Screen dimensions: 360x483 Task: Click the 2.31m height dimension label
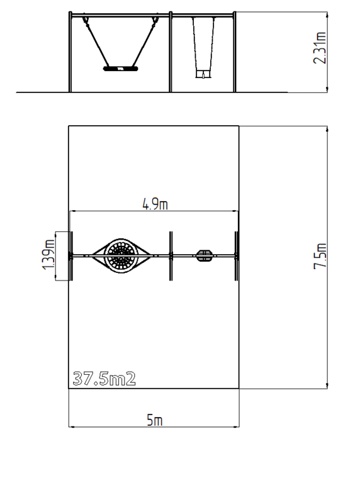pyautogui.click(x=320, y=48)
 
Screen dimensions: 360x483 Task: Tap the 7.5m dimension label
pyautogui.click(x=320, y=257)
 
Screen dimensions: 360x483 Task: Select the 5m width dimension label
pyautogui.click(x=155, y=420)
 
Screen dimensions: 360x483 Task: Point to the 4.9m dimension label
pyautogui.click(x=155, y=204)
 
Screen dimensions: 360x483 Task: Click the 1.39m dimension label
pyautogui.click(x=48, y=255)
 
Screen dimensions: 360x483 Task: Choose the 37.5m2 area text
pyautogui.click(x=104, y=379)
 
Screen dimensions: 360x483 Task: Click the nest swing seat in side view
pyautogui.click(x=120, y=69)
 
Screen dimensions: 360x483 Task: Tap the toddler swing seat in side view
pyautogui.click(x=203, y=74)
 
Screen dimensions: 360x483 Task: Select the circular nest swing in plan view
pyautogui.click(x=121, y=256)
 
